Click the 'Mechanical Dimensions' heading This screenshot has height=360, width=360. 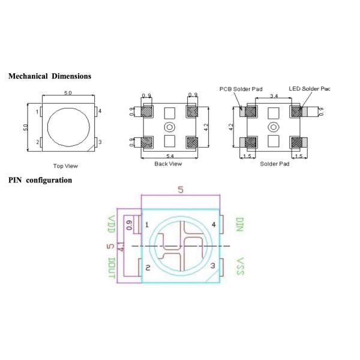[x=50, y=76]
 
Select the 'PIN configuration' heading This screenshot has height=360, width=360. [x=40, y=180]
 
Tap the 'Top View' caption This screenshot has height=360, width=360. [x=65, y=166]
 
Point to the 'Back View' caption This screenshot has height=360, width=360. [x=168, y=164]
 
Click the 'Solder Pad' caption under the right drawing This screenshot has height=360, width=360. [x=275, y=164]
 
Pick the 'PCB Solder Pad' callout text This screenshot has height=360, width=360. [x=241, y=89]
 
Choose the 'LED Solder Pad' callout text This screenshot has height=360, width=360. [x=309, y=89]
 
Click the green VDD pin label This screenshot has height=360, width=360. [x=112, y=224]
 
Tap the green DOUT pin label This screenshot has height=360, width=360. [x=112, y=268]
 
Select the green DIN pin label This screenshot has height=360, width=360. [x=239, y=224]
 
